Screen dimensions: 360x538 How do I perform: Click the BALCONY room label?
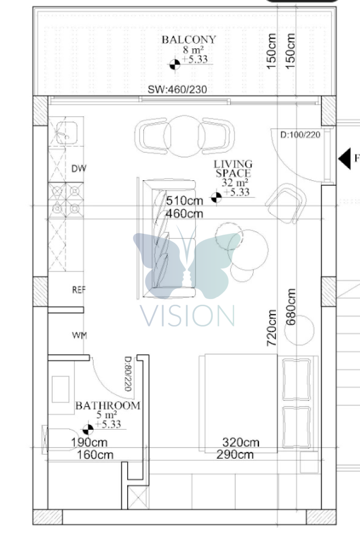coord(189,39)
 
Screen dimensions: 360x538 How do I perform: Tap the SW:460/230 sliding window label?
coord(177,89)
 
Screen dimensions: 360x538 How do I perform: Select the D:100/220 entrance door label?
coord(300,134)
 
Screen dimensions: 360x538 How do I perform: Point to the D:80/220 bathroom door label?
coord(128,374)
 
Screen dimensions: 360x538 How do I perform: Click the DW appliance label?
coord(79,169)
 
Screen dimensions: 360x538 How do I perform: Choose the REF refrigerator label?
coord(79,290)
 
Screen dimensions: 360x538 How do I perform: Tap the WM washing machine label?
coord(79,335)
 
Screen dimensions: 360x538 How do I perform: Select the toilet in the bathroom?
coord(61,440)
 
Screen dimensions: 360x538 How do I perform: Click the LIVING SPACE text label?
coord(233,169)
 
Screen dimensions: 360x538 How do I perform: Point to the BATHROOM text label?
coord(108,406)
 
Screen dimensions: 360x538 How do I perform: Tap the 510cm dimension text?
coord(184,201)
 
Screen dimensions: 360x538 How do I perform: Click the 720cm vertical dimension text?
coord(272,328)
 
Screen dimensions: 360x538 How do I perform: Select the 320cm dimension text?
coord(241,442)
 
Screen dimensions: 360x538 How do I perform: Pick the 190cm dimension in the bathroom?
coord(89,442)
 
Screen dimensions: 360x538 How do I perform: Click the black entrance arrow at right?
coord(345,159)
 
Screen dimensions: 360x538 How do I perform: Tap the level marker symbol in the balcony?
coord(174,64)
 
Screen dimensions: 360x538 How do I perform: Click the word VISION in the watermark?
coord(188,316)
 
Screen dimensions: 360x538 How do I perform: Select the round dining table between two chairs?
coord(184,136)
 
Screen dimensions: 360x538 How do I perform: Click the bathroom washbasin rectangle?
coord(60,389)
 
